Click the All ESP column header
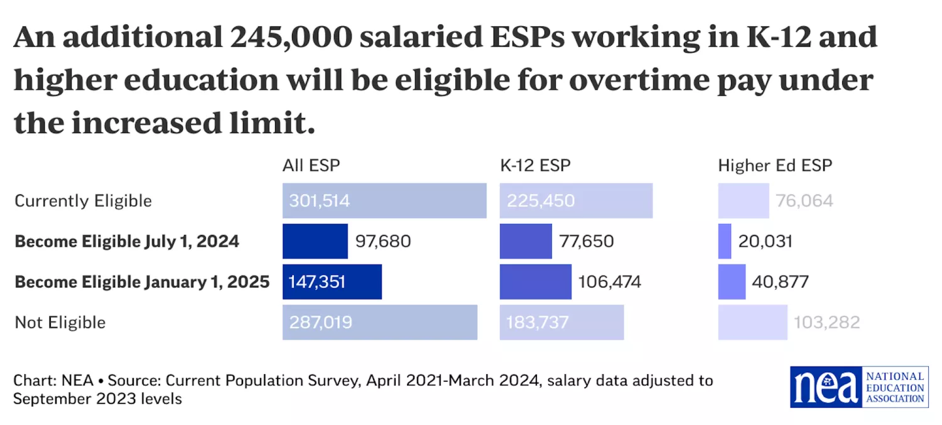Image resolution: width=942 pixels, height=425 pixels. (x=311, y=166)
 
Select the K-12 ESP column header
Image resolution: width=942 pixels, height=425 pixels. (x=535, y=166)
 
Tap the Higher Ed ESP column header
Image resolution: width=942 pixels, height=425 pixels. (x=775, y=166)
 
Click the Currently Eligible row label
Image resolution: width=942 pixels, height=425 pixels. (x=83, y=201)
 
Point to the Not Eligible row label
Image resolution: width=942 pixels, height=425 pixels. (x=60, y=323)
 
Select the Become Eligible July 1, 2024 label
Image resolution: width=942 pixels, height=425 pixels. (x=127, y=242)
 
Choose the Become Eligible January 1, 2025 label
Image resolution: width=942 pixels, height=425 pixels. (x=142, y=282)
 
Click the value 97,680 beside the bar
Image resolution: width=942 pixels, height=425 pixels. (x=383, y=242)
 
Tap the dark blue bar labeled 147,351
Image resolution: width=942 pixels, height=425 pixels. (x=332, y=282)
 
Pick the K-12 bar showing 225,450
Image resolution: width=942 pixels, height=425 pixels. (x=576, y=201)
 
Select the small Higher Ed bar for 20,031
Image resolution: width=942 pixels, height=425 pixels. (x=725, y=242)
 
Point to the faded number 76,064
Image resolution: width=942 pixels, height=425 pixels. (x=804, y=201)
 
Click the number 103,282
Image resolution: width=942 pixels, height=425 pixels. (x=826, y=323)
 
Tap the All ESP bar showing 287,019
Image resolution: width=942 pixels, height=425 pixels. (x=379, y=323)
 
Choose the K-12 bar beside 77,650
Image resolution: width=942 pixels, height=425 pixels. (x=526, y=242)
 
